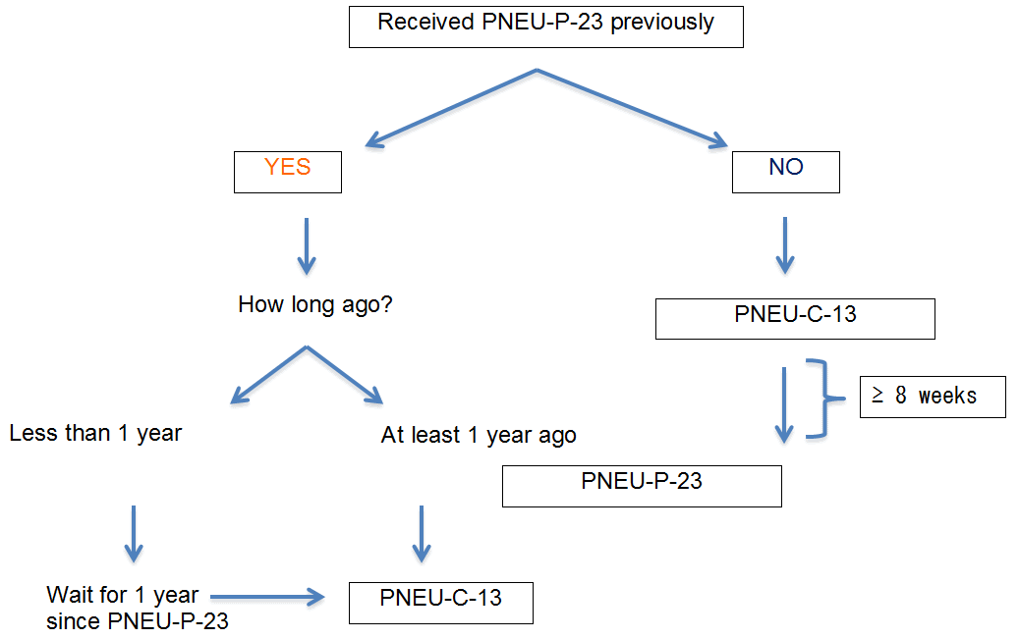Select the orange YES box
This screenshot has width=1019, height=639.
click(288, 172)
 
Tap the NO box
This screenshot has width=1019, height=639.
click(786, 172)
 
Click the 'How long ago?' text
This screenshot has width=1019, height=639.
click(315, 304)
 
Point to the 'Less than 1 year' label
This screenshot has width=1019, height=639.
click(95, 433)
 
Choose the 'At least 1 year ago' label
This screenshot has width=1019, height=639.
click(479, 435)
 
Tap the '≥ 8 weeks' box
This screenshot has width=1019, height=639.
click(933, 397)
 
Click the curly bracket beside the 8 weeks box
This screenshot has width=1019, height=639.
click(823, 397)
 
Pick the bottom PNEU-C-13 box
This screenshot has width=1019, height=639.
click(440, 602)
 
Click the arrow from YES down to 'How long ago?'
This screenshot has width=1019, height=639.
click(306, 245)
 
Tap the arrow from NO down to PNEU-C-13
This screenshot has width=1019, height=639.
click(784, 245)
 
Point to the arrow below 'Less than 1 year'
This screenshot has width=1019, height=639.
click(133, 533)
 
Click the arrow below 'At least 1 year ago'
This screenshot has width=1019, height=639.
click(421, 533)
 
